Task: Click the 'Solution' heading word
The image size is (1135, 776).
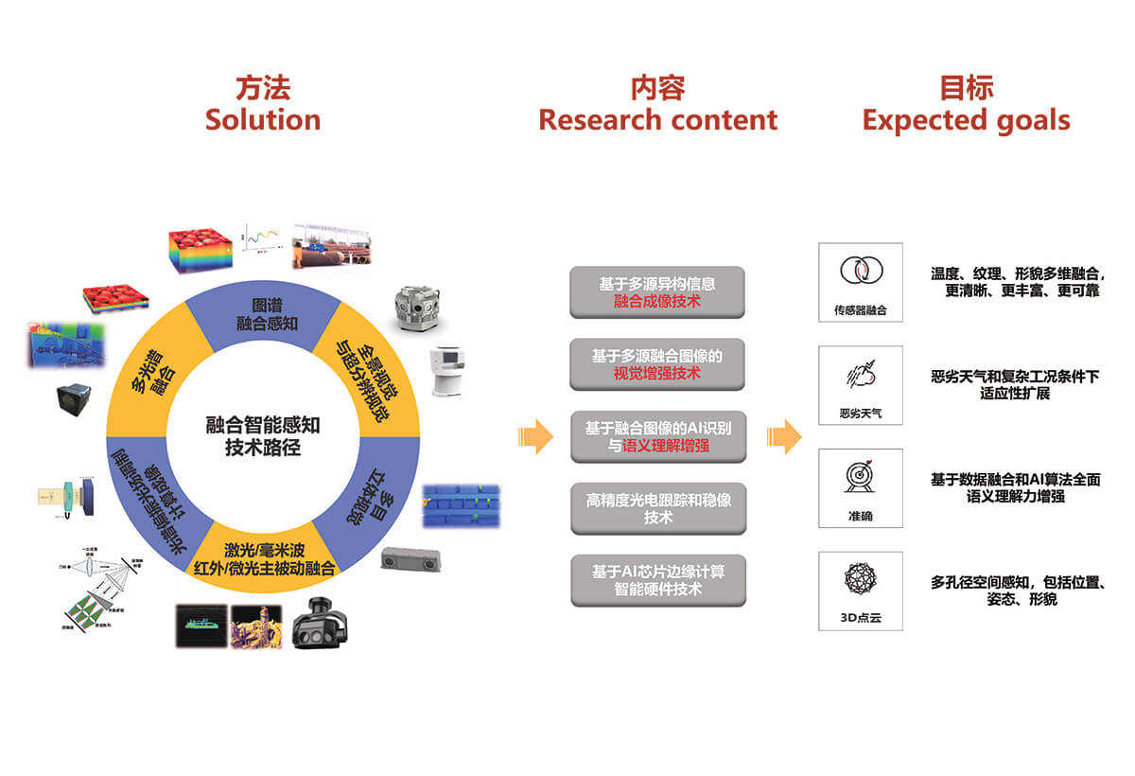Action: coord(262,120)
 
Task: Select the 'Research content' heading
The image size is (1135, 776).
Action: coord(657,120)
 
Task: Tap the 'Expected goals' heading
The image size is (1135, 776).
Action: coord(966,120)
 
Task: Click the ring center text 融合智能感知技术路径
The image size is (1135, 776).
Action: coord(263,436)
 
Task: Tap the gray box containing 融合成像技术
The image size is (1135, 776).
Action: coord(657,292)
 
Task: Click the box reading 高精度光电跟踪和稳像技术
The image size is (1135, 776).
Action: coord(657,508)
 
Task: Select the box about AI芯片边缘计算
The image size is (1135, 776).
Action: coord(657,580)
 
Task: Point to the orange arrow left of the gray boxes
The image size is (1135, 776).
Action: coord(535,436)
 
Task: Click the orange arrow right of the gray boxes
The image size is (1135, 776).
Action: coord(784,436)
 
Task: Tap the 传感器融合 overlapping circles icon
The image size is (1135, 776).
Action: coord(860,272)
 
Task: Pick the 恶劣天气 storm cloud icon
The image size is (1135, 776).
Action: coord(860,376)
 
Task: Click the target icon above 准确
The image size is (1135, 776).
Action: coord(860,477)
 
